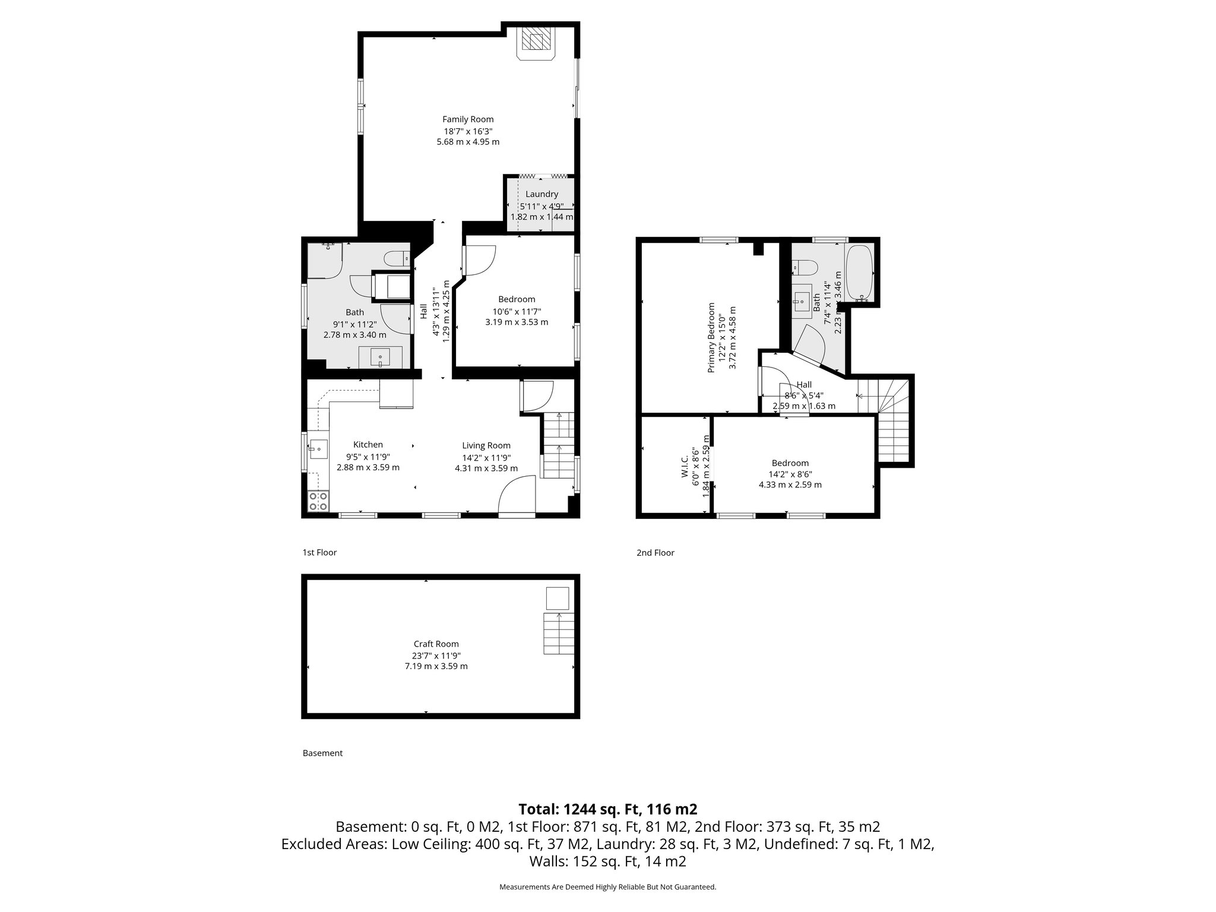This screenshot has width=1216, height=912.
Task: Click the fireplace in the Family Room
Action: click(536, 43)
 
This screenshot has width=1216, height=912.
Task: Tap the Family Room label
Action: click(468, 119)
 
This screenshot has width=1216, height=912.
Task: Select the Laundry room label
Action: click(541, 194)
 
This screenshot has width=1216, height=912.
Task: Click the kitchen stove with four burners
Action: click(318, 501)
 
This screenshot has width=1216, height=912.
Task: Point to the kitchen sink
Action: click(318, 449)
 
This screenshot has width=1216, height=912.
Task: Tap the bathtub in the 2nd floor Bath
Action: click(859, 272)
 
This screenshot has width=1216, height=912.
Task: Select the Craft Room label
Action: click(436, 644)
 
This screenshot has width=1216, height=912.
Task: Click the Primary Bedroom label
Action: click(711, 338)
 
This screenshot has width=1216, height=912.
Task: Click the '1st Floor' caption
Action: click(319, 552)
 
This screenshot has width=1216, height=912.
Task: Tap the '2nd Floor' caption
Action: click(655, 553)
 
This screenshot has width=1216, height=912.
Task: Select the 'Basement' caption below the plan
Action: click(322, 753)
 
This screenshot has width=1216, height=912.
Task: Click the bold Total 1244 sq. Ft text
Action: click(607, 809)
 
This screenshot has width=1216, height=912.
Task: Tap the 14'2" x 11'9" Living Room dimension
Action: click(486, 457)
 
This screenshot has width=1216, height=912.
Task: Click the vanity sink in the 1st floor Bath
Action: click(380, 358)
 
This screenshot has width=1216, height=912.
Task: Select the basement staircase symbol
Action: click(559, 634)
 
